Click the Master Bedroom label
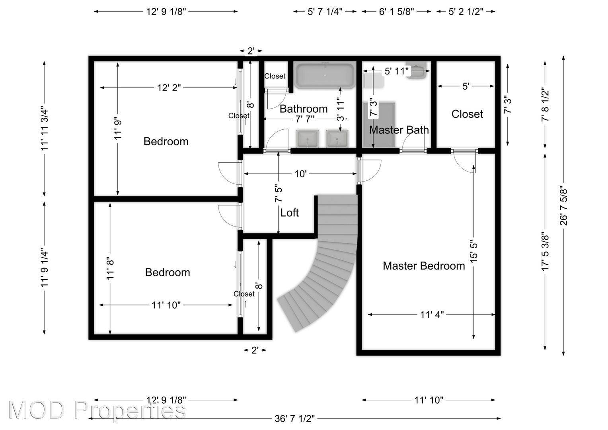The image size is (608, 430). pyautogui.click(x=424, y=266)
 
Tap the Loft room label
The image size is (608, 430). pyautogui.click(x=289, y=213)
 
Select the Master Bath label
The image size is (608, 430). pyautogui.click(x=399, y=130)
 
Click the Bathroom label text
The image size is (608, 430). pyautogui.click(x=304, y=109)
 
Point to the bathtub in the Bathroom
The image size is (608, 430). pyautogui.click(x=325, y=76)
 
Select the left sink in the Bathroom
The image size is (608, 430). pyautogui.click(x=307, y=139)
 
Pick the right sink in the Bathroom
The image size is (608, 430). pyautogui.click(x=337, y=139)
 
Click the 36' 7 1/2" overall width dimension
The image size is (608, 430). pyautogui.click(x=294, y=418)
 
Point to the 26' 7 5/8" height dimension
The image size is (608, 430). pyautogui.click(x=563, y=205)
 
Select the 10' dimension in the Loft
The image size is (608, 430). pyautogui.click(x=300, y=174)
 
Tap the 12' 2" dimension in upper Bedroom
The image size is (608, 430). pyautogui.click(x=169, y=88)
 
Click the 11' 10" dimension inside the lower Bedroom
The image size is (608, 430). pyautogui.click(x=166, y=305)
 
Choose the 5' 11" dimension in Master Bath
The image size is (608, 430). pyautogui.click(x=397, y=71)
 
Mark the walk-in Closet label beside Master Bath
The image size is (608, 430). pyautogui.click(x=467, y=114)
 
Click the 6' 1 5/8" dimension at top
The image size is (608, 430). pyautogui.click(x=396, y=12)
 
